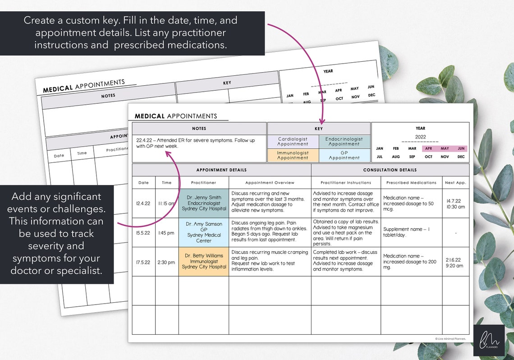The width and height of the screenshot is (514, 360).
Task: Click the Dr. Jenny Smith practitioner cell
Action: click(x=204, y=203)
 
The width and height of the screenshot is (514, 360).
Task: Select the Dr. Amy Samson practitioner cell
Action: click(x=204, y=232)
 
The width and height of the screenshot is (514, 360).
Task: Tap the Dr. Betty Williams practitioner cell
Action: click(x=204, y=261)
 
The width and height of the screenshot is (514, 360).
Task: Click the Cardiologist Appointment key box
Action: click(x=293, y=142)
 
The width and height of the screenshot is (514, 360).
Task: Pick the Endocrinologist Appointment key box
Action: click(x=344, y=142)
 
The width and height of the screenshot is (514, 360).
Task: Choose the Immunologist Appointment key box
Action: click(x=293, y=155)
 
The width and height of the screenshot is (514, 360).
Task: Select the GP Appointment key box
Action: click(x=344, y=155)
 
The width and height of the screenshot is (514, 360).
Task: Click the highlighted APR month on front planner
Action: click(x=428, y=148)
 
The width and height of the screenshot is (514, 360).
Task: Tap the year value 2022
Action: click(x=420, y=137)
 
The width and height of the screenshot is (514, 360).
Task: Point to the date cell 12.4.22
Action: click(x=143, y=203)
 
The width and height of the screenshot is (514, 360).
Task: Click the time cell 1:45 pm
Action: click(x=166, y=233)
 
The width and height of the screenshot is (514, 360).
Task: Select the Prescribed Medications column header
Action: click(x=411, y=183)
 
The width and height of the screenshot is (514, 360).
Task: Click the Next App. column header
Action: click(x=455, y=183)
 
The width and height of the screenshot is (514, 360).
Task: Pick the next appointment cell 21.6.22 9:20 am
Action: click(x=455, y=263)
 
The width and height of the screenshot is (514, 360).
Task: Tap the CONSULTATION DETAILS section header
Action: click(x=390, y=170)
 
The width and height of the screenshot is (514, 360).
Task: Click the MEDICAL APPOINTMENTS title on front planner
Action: click(x=176, y=116)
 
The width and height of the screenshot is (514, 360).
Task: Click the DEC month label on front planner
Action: click(x=461, y=157)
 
